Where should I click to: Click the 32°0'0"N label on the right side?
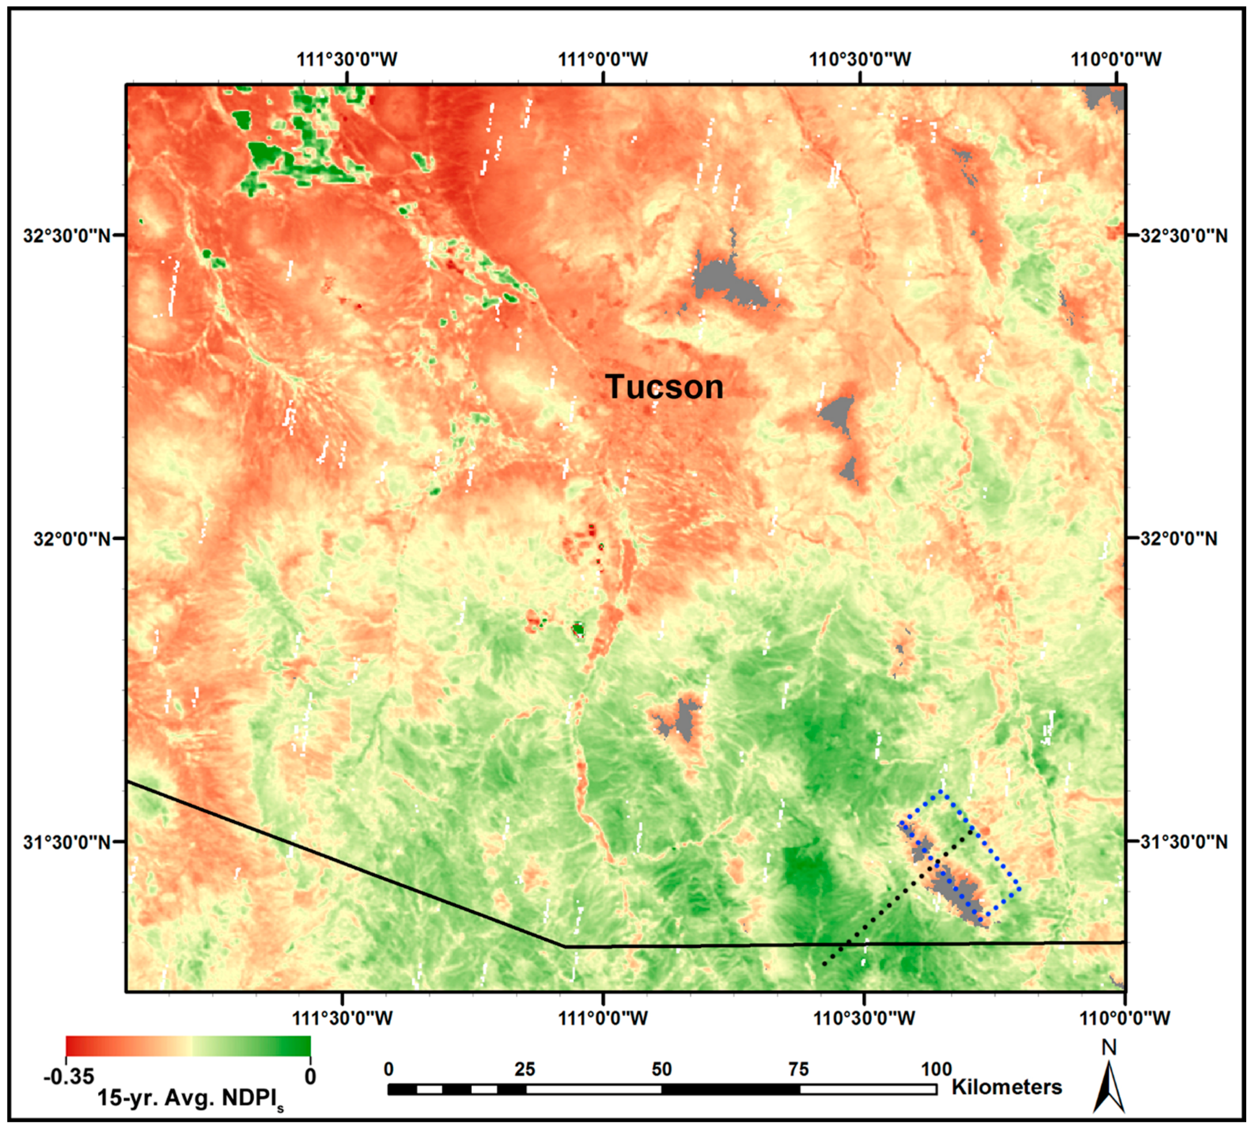point(1178,538)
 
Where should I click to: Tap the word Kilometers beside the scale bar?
point(1006,1087)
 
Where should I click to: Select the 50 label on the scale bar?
point(662,1069)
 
